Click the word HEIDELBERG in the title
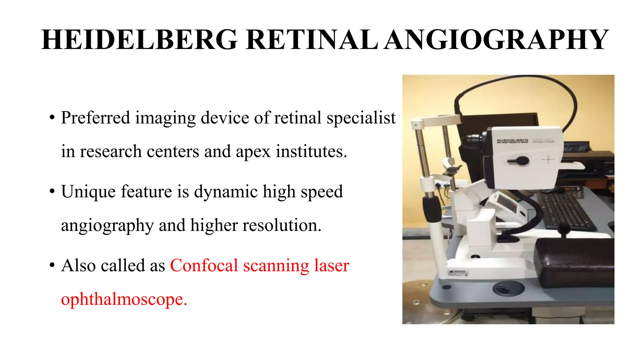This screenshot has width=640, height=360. coord(139,40)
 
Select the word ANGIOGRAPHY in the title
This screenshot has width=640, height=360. coord(496,40)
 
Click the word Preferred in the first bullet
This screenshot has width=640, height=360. coord(95,118)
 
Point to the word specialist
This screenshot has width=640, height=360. coord(361,118)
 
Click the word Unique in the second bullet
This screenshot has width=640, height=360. coord(88,192)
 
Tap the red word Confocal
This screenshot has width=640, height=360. coord(204,266)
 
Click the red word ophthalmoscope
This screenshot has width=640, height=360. coord(123,299)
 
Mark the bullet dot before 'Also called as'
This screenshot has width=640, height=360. coord(52,266)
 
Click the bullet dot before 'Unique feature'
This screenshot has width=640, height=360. coord(52,192)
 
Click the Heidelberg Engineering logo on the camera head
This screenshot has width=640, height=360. coord(512,141)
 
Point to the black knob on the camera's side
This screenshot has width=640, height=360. coord(519,161)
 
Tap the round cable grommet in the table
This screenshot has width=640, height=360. coord(508,288)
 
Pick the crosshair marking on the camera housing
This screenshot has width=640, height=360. coord(548,160)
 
